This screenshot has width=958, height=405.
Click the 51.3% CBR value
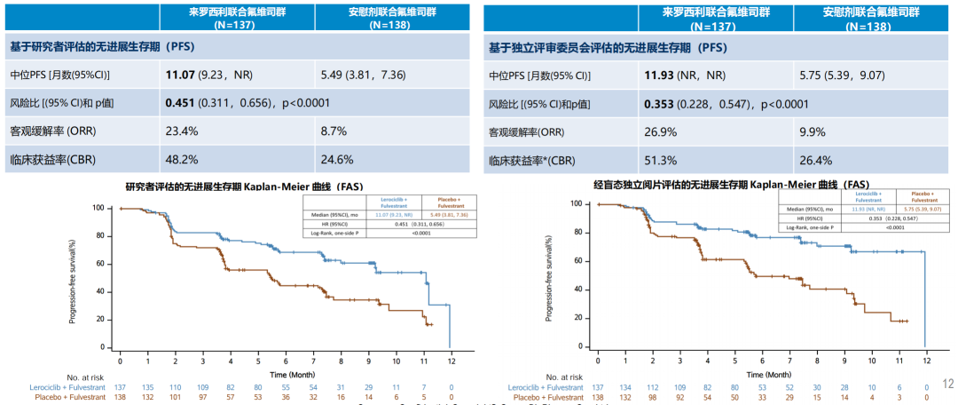[662, 160]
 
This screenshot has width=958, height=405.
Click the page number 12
[946, 384]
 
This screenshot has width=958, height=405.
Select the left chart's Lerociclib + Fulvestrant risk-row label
[63, 387]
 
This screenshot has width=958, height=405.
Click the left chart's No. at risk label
[85, 376]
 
